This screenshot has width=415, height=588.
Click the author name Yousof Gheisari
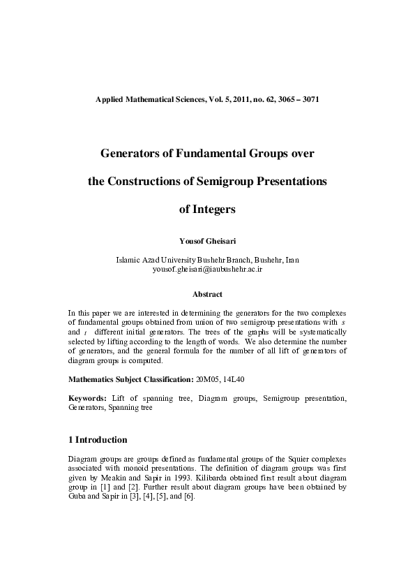click(207, 240)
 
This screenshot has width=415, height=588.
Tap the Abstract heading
click(207, 295)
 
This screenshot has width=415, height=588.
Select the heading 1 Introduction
click(98, 440)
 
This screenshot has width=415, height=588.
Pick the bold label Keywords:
click(87, 397)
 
